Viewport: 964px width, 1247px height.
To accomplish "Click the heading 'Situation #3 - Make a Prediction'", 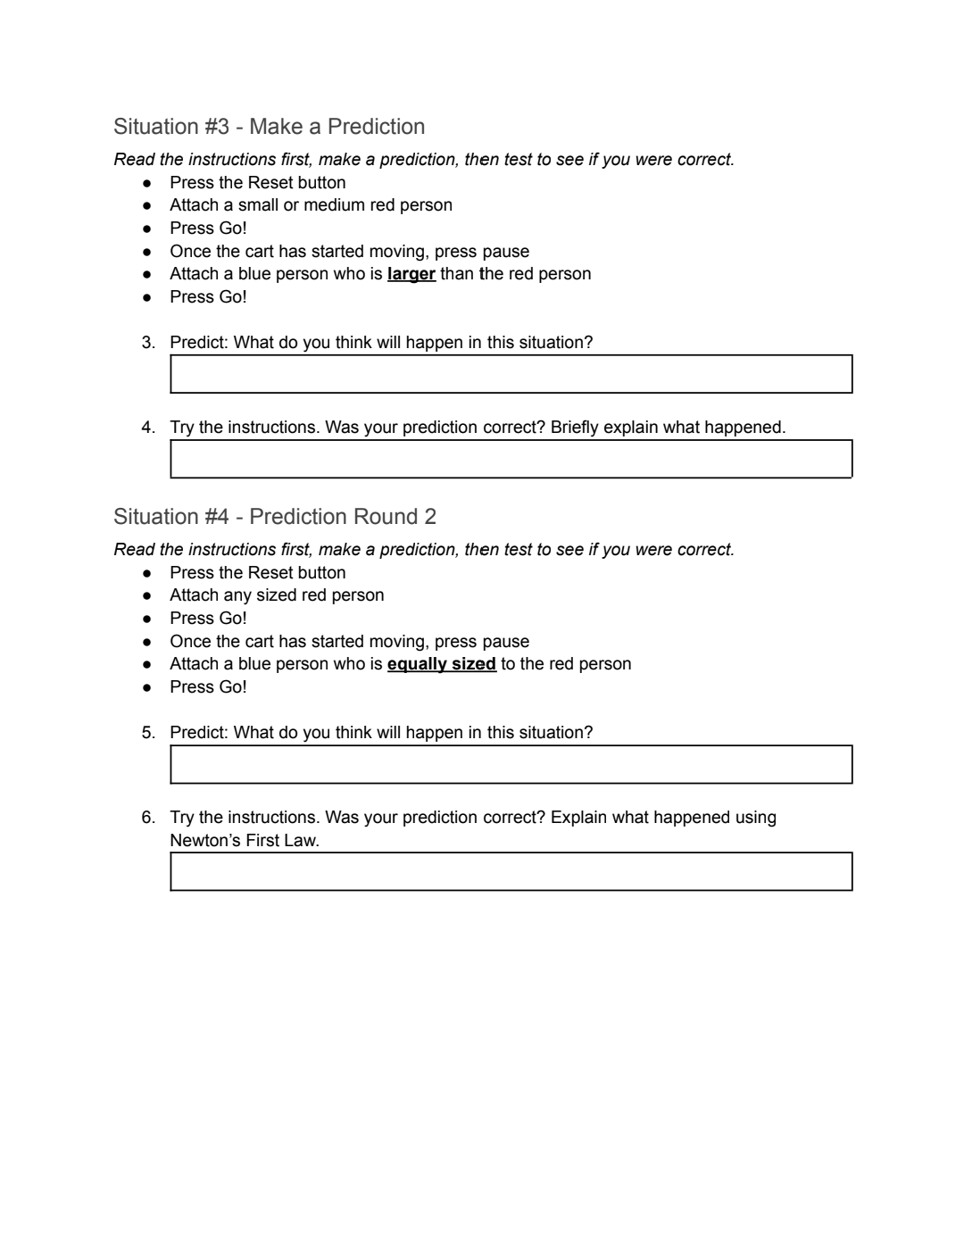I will pos(269,127).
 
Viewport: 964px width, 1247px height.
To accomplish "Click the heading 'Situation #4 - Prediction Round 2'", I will pos(275,517).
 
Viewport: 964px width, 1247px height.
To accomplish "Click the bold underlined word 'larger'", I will pos(411,274).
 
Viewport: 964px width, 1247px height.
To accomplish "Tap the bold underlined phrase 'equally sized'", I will pos(441,664).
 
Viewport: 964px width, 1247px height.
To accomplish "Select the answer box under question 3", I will pos(511,374).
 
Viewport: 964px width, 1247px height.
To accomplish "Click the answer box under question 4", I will pos(511,459).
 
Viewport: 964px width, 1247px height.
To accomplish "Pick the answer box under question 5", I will pos(511,765).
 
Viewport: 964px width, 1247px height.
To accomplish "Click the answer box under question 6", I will pos(511,871).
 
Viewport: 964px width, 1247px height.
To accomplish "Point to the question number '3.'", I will pos(148,343).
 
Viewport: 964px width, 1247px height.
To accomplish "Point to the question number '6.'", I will pos(148,818).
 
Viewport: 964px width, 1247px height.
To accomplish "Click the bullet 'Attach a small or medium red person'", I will pos(311,205).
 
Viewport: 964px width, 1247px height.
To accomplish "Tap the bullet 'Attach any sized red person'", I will pos(277,595).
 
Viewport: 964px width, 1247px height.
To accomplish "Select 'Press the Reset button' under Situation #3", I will pos(257,183).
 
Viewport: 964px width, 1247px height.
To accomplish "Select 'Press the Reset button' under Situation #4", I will pos(257,573).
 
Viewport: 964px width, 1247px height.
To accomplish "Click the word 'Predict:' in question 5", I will pos(199,733).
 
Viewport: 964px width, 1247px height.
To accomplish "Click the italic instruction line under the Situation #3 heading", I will pos(424,160).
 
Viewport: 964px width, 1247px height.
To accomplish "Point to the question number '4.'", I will pos(148,428).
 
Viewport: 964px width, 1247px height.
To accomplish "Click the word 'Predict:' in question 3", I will pos(199,343).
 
